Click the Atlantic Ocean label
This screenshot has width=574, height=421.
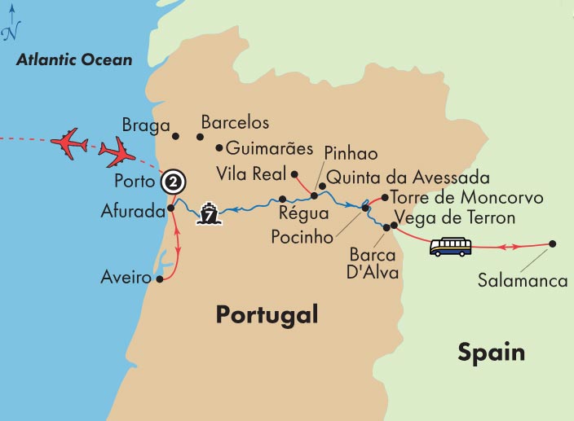(74, 60)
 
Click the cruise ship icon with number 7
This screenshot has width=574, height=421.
(210, 216)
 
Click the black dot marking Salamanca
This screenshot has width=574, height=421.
(553, 243)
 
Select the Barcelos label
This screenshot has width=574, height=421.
(235, 123)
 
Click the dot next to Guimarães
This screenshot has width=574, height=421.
(219, 148)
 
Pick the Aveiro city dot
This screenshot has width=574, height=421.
(160, 279)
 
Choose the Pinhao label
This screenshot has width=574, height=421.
(351, 152)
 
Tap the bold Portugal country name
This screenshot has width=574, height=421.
(266, 314)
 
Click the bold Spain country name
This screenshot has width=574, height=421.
(491, 353)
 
